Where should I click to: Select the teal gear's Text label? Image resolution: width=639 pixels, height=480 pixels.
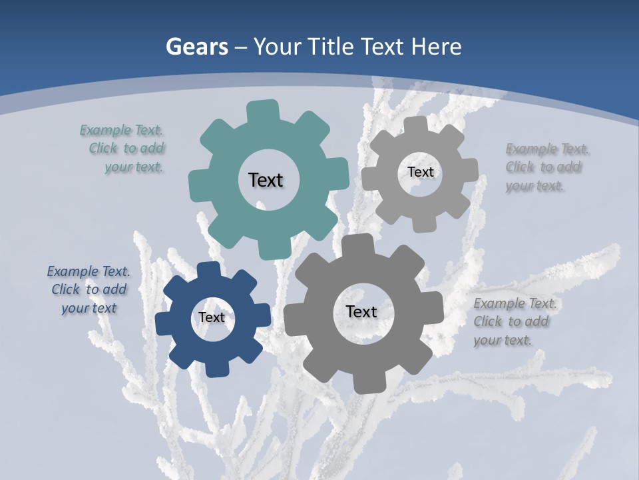click(266, 180)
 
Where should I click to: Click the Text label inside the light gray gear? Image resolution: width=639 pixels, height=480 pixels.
click(420, 172)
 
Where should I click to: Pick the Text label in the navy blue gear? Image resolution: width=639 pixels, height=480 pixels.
click(212, 318)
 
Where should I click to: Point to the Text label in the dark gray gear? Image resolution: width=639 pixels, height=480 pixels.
click(361, 311)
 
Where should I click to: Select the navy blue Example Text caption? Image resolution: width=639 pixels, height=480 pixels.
click(89, 289)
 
